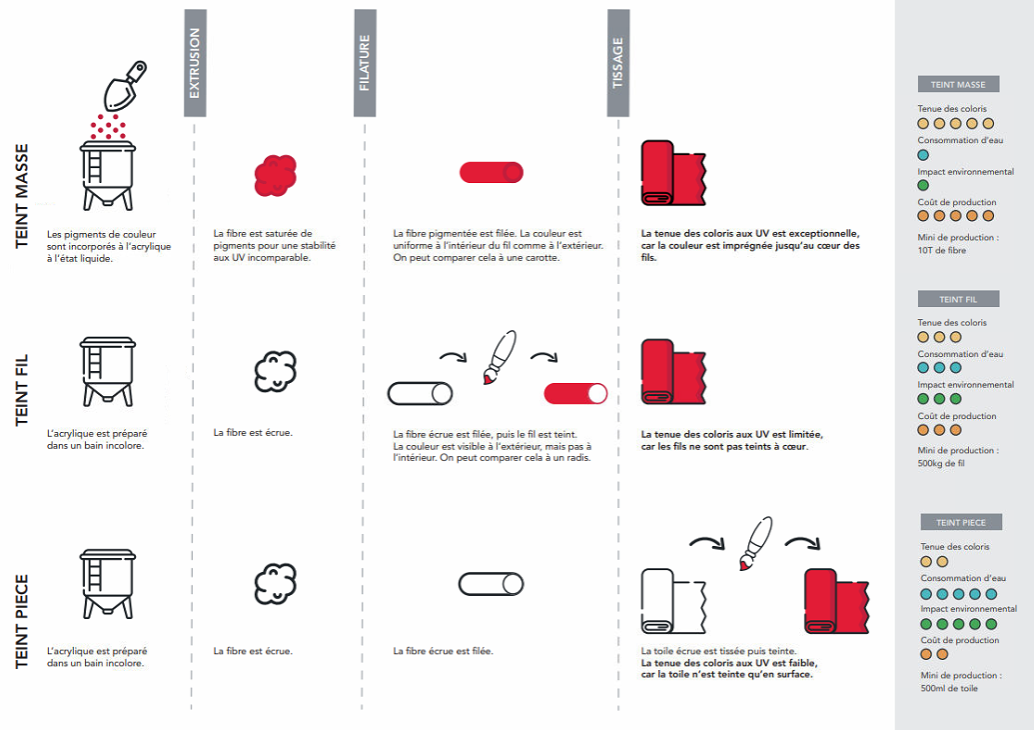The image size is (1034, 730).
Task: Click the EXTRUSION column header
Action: pyautogui.click(x=195, y=63)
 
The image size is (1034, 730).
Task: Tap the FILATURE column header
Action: pyautogui.click(x=365, y=63)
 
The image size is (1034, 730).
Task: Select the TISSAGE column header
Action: pyautogui.click(x=618, y=63)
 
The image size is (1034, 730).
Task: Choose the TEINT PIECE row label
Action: pyautogui.click(x=22, y=621)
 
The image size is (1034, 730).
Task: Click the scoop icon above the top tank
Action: pyautogui.click(x=124, y=86)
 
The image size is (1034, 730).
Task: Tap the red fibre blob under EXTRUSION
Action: pyautogui.click(x=275, y=175)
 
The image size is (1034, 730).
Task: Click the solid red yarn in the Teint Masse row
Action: pyautogui.click(x=492, y=172)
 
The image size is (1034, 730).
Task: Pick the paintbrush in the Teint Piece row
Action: pyautogui.click(x=754, y=544)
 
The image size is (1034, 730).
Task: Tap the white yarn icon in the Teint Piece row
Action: pyautogui.click(x=491, y=584)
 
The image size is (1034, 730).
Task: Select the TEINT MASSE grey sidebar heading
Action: pyautogui.click(x=958, y=85)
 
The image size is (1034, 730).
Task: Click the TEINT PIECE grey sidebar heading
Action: pyautogui.click(x=961, y=522)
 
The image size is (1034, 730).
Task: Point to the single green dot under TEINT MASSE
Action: pyautogui.click(x=923, y=185)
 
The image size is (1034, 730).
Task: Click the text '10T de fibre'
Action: pyautogui.click(x=942, y=250)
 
